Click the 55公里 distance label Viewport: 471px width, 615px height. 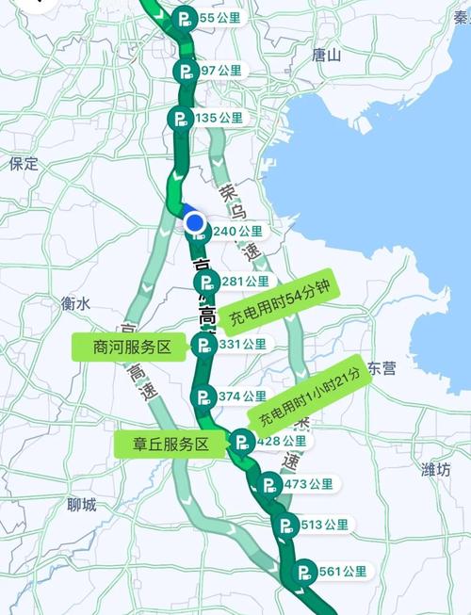(215, 17)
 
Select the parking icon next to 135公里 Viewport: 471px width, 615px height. (180, 118)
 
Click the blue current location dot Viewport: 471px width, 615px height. (195, 223)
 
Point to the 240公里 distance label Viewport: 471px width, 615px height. (237, 231)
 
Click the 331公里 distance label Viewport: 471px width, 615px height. (242, 345)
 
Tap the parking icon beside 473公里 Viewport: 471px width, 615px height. (268, 485)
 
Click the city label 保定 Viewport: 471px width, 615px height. (24, 164)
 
